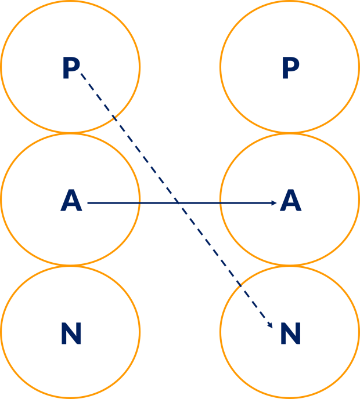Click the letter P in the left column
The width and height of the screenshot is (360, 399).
coord(71,68)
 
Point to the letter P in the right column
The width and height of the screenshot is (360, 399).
coord(290,68)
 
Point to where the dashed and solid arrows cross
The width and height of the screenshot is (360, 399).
coord(177,203)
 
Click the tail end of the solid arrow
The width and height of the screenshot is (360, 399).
coord(88,203)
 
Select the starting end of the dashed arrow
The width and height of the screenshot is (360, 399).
coord(81,73)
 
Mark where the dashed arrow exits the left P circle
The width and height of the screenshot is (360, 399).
coord(114,118)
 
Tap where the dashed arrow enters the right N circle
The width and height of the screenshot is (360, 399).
coord(240,285)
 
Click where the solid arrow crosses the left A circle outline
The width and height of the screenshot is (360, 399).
coord(140,203)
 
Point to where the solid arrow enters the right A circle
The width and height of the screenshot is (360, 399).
coord(221,203)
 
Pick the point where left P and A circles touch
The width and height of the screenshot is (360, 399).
coord(70,133)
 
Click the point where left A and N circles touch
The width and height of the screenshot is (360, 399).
coord(70,266)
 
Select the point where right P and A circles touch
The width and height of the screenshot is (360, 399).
coord(290,133)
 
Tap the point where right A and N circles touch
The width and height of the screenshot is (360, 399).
coord(290,266)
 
